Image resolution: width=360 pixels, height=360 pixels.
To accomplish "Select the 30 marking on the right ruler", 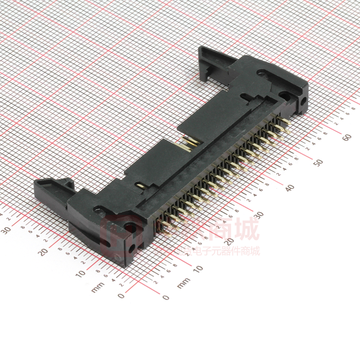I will tap(259, 215).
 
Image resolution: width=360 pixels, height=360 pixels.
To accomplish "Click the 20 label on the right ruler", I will tap(228, 242).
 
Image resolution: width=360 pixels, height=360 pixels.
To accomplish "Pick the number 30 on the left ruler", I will tap(7, 230).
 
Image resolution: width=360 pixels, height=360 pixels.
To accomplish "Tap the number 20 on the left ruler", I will tap(44, 251).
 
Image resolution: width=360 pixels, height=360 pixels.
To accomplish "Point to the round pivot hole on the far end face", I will tap(303, 102).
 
